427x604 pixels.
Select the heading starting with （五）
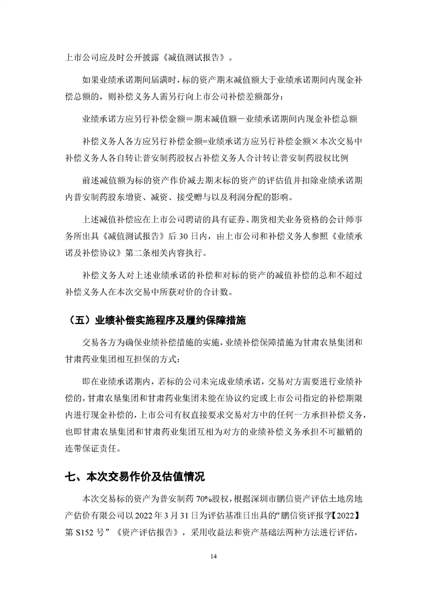pyautogui.click(x=154, y=320)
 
